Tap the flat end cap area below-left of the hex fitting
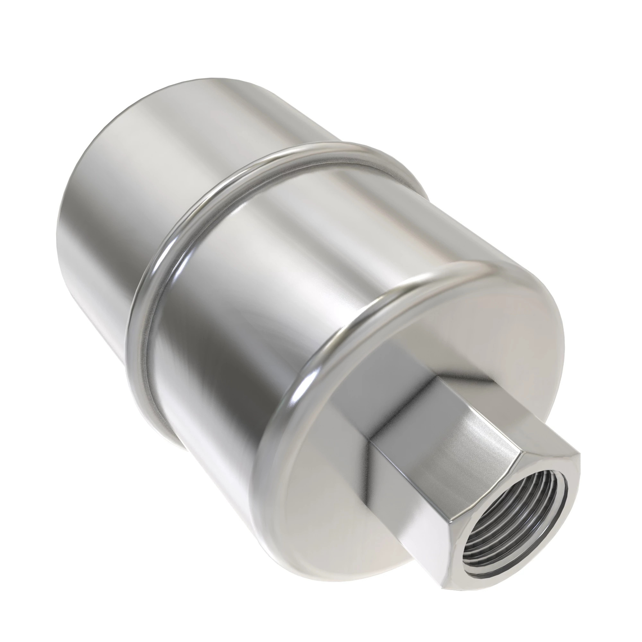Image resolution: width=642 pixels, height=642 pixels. [x=332, y=499]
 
